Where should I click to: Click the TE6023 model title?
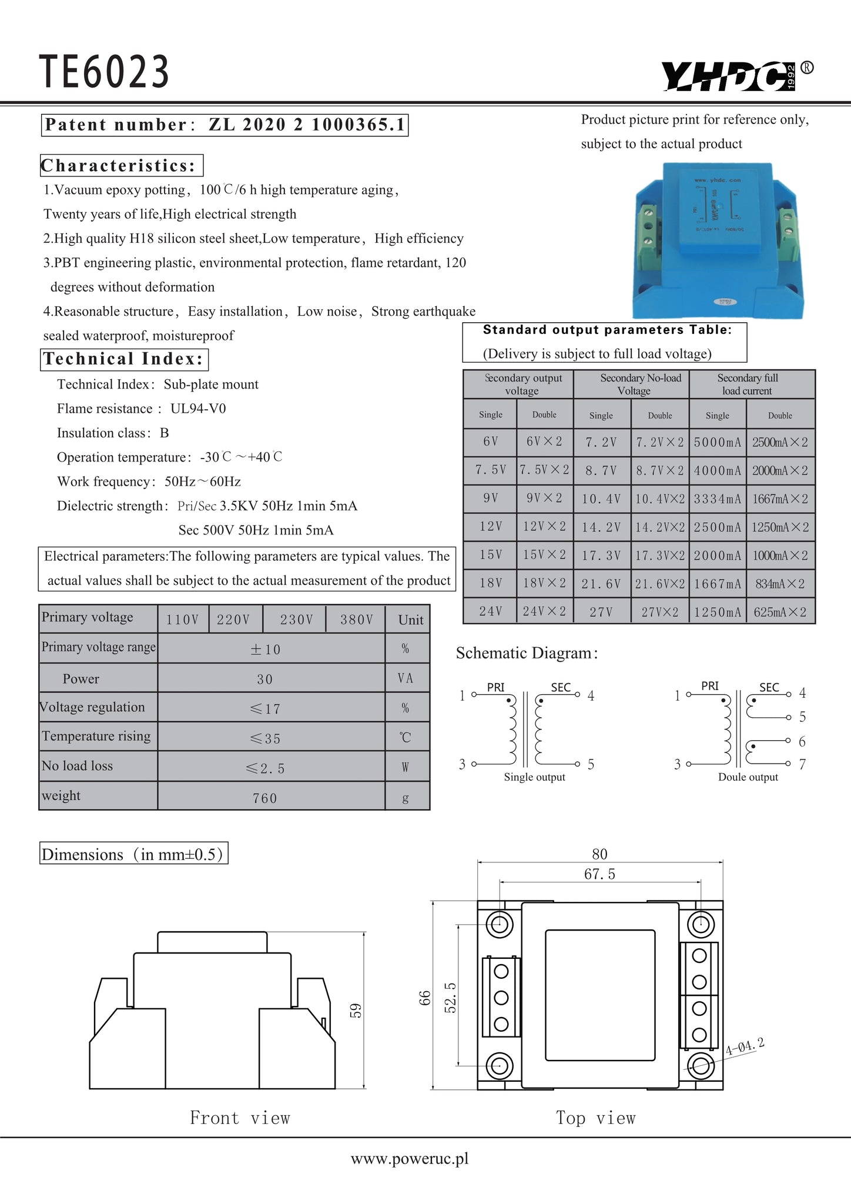pos(104,72)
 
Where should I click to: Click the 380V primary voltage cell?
pos(356,620)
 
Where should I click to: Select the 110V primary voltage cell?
pos(182,620)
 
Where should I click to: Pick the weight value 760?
pos(264,798)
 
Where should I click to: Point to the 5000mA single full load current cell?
pos(717,442)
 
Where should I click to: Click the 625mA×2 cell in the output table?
pos(780,612)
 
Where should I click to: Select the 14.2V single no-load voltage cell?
pos(601,527)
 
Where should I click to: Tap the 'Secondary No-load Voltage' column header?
pos(639,384)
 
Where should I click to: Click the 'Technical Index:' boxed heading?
pos(124,359)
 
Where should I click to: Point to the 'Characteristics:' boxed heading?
pos(121,166)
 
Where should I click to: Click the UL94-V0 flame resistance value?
pos(198,409)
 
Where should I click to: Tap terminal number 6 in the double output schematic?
pos(802,741)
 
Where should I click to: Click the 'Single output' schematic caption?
pos(534,777)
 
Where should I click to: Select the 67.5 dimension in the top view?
pos(599,874)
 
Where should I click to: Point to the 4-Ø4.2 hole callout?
pos(745,1046)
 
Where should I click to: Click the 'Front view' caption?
pos(240,1118)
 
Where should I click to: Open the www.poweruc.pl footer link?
pos(410,1158)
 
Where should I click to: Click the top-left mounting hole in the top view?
pos(500,924)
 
